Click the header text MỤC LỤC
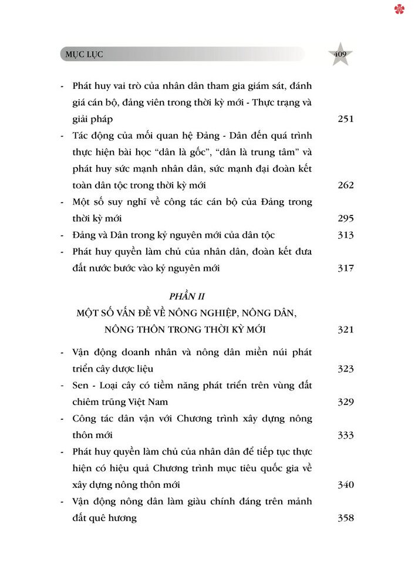pos(85,55)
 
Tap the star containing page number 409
pos(340,55)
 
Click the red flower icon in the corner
pos(399,9)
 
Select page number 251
pos(346,119)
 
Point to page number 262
pos(346,185)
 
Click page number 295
pos(346,218)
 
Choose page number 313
pos(346,235)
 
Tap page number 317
pos(346,268)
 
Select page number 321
pos(346,329)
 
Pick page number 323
pos(346,369)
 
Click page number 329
pos(346,402)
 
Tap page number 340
pos(346,485)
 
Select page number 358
pos(346,518)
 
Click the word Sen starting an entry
pos(81,386)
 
